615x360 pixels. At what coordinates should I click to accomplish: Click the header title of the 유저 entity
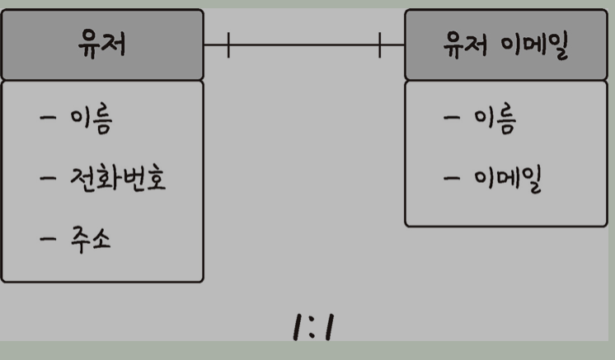tap(101, 45)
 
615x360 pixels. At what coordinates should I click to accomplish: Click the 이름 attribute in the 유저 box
tap(91, 120)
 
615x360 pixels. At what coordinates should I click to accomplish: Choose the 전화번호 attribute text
tap(118, 179)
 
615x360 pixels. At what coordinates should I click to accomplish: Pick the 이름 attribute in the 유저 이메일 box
tap(494, 120)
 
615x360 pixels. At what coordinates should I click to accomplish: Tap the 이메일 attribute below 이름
tap(507, 179)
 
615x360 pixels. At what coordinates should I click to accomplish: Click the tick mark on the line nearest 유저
tap(228, 45)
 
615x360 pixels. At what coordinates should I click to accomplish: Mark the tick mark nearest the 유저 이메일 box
tap(380, 45)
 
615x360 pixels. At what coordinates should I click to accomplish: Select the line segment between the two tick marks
tap(304, 45)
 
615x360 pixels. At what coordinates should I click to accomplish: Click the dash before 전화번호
tap(49, 178)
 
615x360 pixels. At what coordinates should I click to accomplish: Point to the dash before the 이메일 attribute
tap(451, 178)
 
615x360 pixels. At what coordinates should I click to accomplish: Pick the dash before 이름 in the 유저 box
tap(49, 119)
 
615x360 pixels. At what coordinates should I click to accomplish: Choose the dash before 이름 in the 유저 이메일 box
tap(451, 119)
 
